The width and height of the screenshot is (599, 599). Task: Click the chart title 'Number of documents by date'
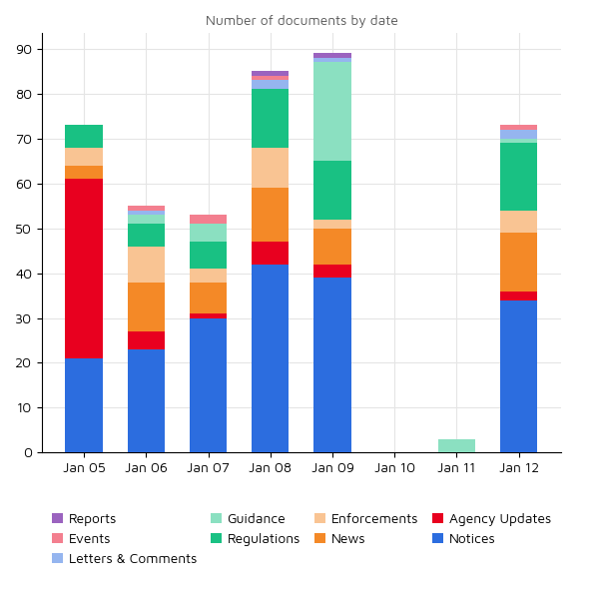(x=301, y=21)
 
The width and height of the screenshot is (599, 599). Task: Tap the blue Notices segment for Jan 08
(x=270, y=358)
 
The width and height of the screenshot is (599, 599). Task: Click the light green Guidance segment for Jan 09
(x=332, y=112)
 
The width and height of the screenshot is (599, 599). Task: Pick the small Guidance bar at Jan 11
(x=456, y=446)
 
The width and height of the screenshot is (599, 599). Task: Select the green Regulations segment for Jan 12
(x=518, y=177)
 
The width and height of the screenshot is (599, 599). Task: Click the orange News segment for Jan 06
(x=146, y=309)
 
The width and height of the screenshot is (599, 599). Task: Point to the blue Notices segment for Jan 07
(x=208, y=385)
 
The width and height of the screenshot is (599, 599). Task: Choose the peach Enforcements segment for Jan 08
(x=270, y=168)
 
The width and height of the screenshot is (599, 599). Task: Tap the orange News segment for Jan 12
(x=518, y=262)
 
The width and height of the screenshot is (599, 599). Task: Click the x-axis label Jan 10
(x=394, y=467)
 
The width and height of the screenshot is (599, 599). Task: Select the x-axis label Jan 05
(x=84, y=467)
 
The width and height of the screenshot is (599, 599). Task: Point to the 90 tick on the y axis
(x=24, y=50)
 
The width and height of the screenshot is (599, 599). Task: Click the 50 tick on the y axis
(x=24, y=229)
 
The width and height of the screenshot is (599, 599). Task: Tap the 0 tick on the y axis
(x=28, y=453)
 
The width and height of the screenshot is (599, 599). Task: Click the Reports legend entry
(x=84, y=519)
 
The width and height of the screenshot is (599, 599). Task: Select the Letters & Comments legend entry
(x=124, y=559)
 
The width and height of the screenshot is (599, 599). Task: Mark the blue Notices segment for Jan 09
(x=332, y=365)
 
